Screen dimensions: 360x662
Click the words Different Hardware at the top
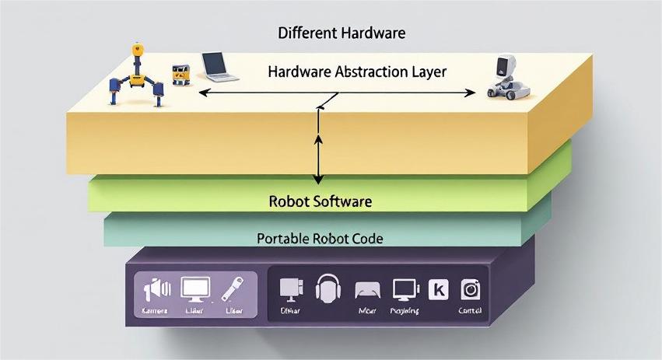tap(342, 33)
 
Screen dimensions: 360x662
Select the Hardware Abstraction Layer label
tap(357, 72)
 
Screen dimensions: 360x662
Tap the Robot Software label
tap(320, 201)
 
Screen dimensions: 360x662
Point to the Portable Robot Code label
tap(320, 239)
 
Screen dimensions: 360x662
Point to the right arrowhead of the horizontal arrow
tap(471, 93)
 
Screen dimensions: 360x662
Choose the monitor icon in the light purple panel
tap(194, 289)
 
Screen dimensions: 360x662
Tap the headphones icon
tap(327, 289)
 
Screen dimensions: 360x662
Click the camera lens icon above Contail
tap(471, 289)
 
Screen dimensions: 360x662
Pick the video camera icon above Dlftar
tap(289, 289)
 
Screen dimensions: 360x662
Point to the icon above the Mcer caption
tap(367, 291)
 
